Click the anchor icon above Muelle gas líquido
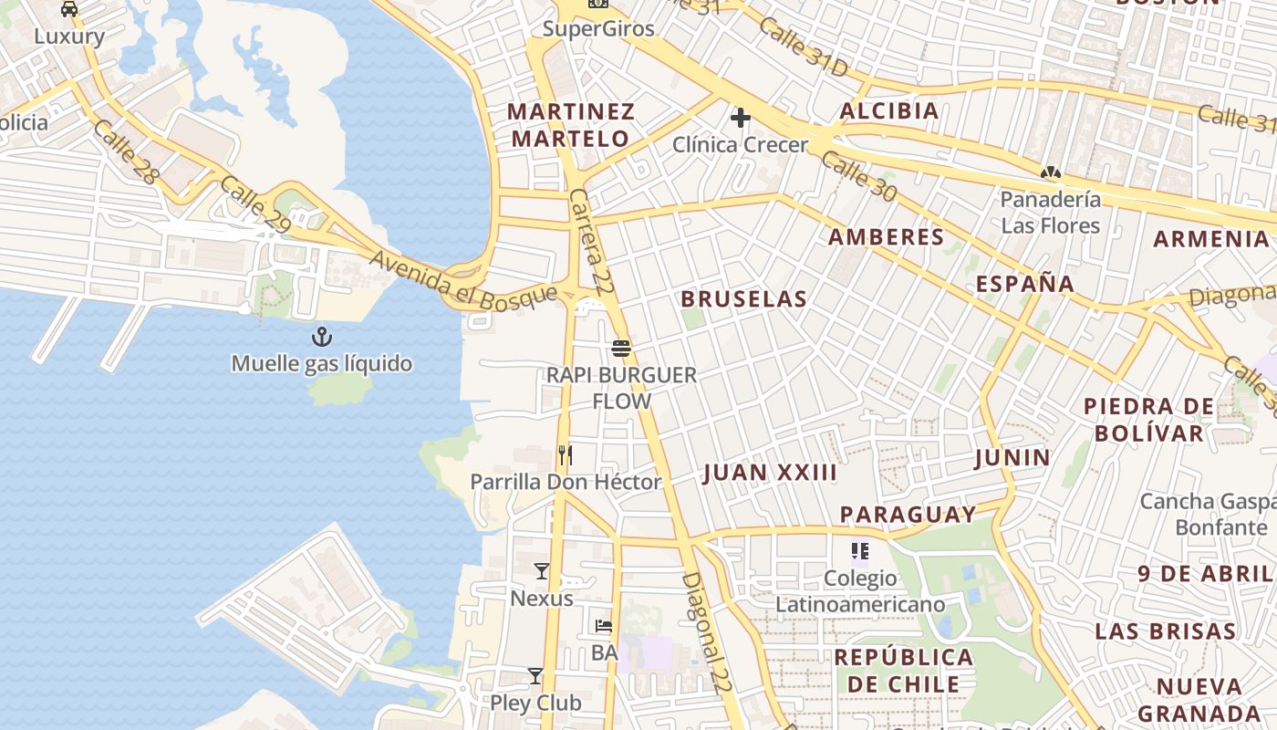(x=321, y=338)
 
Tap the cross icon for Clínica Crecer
(x=740, y=118)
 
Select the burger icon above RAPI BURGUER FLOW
(x=621, y=349)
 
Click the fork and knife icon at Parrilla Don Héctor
(x=566, y=454)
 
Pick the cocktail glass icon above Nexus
(x=542, y=571)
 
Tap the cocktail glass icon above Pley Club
(x=535, y=676)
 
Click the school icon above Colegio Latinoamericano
(x=859, y=550)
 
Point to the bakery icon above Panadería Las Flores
(x=1051, y=172)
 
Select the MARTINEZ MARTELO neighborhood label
(x=570, y=125)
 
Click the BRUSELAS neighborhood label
(x=743, y=299)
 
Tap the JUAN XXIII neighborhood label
(x=770, y=473)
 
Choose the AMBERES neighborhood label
(x=886, y=237)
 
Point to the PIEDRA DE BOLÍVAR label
(x=1148, y=420)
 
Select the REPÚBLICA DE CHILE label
(x=903, y=671)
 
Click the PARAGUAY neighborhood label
(x=908, y=515)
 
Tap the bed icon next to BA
(x=604, y=626)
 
